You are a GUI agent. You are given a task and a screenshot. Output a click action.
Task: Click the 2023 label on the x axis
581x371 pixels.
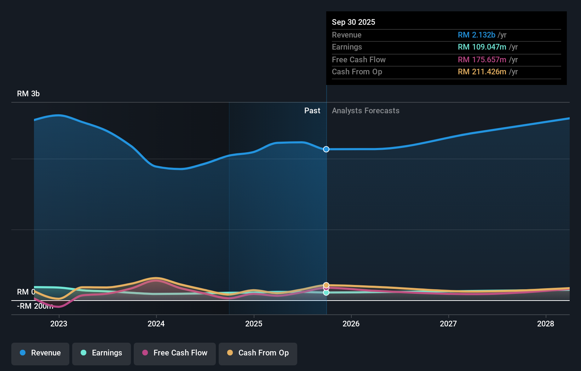[x=59, y=324]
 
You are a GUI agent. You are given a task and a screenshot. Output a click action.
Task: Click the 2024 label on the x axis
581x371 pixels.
[x=156, y=324]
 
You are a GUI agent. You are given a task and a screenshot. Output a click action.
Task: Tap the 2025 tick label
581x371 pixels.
[x=254, y=324]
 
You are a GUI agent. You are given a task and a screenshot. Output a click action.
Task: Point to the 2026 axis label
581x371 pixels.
[x=351, y=324]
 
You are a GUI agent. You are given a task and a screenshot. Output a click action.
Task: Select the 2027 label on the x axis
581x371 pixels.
[x=448, y=324]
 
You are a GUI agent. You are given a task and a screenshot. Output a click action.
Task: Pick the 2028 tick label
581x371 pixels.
[x=546, y=324]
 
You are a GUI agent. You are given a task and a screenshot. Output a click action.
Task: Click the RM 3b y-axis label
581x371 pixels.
[x=28, y=94]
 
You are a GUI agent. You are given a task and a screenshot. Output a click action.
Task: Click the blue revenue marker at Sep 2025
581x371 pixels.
[x=326, y=149]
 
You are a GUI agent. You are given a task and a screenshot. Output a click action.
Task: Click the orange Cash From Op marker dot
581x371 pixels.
[x=326, y=285]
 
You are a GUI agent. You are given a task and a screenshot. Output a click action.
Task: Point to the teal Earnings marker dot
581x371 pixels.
[x=326, y=293]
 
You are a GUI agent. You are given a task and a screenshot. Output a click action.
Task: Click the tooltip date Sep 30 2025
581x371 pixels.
[x=353, y=22]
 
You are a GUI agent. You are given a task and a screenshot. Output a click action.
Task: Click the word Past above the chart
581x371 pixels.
[x=312, y=111]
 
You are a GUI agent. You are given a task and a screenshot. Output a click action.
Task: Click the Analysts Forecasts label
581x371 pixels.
[x=366, y=111]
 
